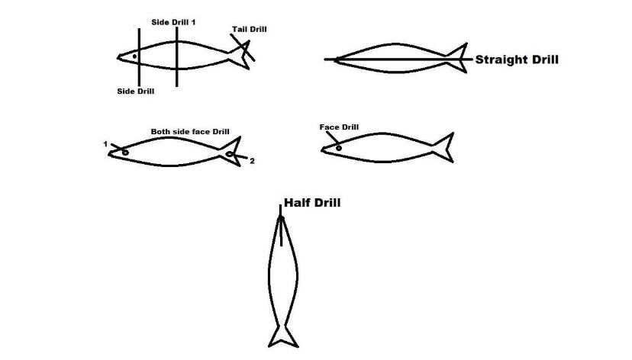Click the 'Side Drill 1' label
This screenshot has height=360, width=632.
pos(173,23)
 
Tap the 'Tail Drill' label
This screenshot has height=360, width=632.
pos(250,30)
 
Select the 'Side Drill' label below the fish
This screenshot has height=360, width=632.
pos(135,92)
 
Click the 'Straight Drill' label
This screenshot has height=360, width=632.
pos(516,59)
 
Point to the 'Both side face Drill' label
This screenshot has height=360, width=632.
pos(190,132)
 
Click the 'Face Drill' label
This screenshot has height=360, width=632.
pos(339,127)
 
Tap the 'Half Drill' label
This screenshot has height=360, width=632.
pos(312,203)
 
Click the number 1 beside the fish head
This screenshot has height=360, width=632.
pos(105,143)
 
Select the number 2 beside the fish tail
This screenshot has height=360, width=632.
pos(252,161)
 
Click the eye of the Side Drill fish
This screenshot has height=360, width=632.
pos(134,56)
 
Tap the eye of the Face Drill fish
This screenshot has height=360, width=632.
pos(338,147)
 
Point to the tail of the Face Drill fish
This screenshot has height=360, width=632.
pos(446,147)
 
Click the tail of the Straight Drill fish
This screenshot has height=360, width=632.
pos(459,59)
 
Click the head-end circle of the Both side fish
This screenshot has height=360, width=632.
pos(124,152)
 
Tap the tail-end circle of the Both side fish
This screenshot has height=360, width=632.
pos(229,154)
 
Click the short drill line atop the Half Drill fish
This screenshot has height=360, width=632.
pos(281,225)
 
